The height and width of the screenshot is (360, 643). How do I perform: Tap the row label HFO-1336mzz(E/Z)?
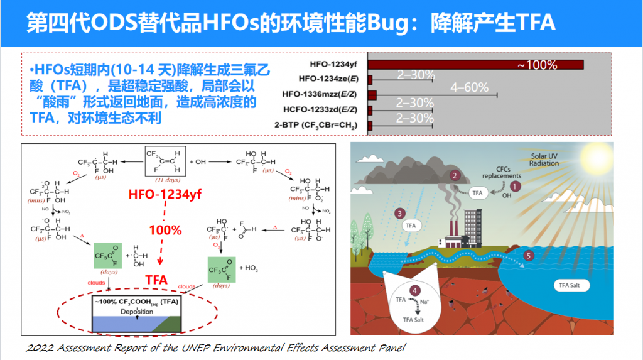pyautogui.click(x=320, y=95)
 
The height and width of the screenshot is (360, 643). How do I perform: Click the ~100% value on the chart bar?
pyautogui.click(x=537, y=65)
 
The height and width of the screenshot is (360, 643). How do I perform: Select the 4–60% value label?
pyautogui.click(x=469, y=88)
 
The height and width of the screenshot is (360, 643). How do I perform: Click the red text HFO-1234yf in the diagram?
pyautogui.click(x=165, y=194)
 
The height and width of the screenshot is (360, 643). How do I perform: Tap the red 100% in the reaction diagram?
pyautogui.click(x=165, y=230)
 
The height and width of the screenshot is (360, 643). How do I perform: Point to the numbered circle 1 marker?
pyautogui.click(x=516, y=185)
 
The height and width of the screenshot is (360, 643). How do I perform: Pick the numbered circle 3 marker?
pyautogui.click(x=398, y=214)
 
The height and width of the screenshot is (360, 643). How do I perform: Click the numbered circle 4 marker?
pyautogui.click(x=415, y=290)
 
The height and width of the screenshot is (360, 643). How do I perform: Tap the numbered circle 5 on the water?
pyautogui.click(x=528, y=256)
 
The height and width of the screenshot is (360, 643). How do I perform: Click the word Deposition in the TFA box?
pyautogui.click(x=136, y=312)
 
